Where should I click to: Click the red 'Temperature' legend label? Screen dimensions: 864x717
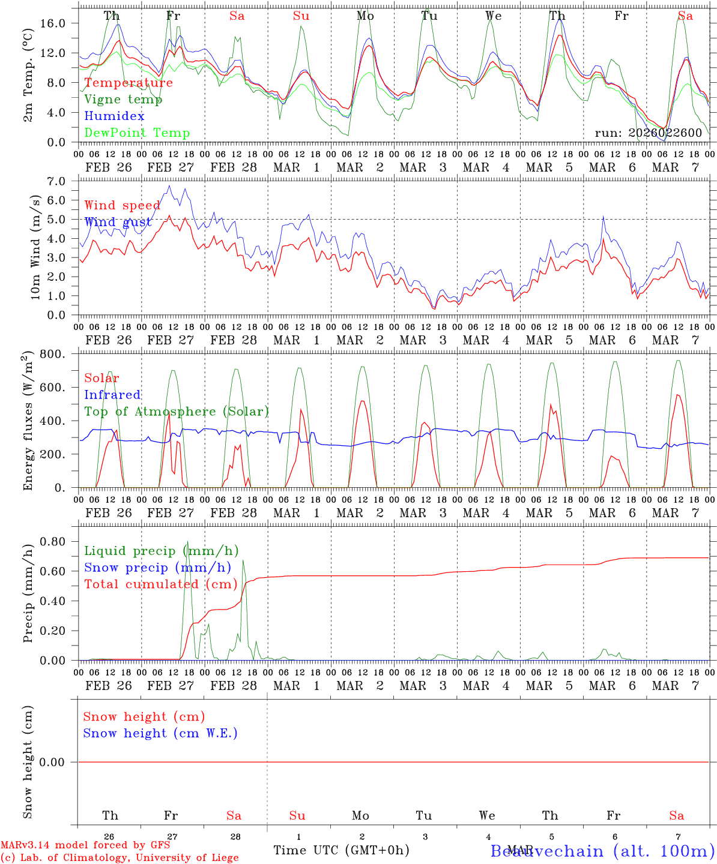129,83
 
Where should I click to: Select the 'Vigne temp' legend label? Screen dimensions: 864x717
123,100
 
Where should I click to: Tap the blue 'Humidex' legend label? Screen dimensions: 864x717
114,116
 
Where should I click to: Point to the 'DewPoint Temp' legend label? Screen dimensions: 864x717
137,133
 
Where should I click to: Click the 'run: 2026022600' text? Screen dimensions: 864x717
648,133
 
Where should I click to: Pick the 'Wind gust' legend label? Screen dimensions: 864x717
118,222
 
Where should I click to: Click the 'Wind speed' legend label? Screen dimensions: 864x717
123,205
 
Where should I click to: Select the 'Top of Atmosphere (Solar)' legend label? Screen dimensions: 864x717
177,412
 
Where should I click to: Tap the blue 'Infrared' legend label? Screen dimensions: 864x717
112,395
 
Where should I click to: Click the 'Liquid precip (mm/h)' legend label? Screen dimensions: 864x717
161,551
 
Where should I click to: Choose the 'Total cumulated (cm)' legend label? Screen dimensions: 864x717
161,584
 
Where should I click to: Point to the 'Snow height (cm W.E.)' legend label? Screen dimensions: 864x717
160,733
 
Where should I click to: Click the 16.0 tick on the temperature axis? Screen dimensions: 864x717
53,23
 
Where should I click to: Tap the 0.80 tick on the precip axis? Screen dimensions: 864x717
53,542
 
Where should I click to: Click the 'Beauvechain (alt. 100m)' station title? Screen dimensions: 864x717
602,851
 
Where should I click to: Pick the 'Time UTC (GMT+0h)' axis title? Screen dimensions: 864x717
341,850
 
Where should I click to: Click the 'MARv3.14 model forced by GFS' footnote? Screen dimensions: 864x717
85,845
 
